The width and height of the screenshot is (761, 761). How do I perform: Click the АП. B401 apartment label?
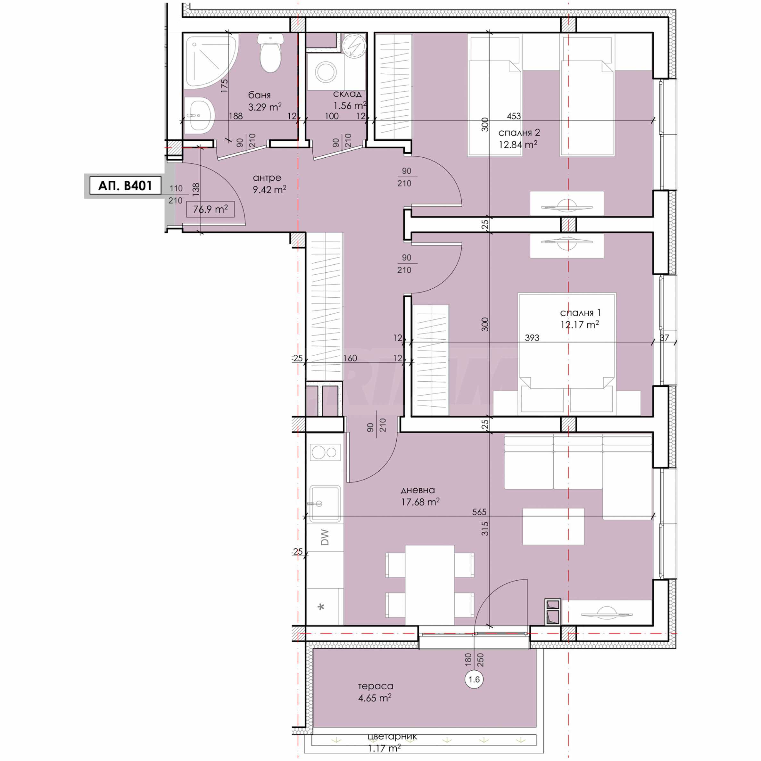(125, 186)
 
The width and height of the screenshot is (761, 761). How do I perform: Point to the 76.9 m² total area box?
(210, 209)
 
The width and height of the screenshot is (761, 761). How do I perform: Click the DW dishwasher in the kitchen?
(325, 537)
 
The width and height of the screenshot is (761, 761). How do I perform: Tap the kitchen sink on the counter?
(325, 503)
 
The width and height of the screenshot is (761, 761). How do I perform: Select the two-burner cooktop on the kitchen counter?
(325, 452)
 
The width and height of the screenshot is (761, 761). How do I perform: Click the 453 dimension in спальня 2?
(514, 116)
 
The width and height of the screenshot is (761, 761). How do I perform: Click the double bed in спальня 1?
(567, 354)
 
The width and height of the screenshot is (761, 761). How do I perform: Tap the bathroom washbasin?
(199, 115)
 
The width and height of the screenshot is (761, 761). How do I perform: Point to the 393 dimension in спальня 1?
(532, 338)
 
